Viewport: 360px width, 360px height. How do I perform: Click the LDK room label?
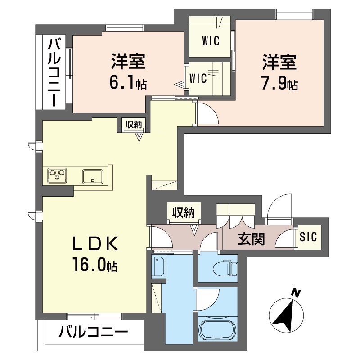click(x=95, y=243)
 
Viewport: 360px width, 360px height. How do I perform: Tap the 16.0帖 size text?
click(x=95, y=264)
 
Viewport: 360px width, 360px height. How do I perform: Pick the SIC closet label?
click(x=308, y=237)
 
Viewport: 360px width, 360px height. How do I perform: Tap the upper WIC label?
click(x=211, y=41)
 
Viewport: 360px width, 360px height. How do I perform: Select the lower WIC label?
click(x=198, y=78)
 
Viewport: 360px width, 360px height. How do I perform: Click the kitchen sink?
click(x=93, y=176)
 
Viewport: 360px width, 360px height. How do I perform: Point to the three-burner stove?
click(x=57, y=175)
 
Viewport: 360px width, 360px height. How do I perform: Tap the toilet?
click(x=225, y=268)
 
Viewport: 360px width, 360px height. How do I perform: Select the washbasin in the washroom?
click(x=159, y=266)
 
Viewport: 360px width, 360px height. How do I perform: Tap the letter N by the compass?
click(x=296, y=293)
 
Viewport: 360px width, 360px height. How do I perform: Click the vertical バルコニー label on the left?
click(x=54, y=72)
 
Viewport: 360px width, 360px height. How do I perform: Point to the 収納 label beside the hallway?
click(x=184, y=212)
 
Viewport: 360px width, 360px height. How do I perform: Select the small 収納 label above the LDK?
click(x=133, y=125)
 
